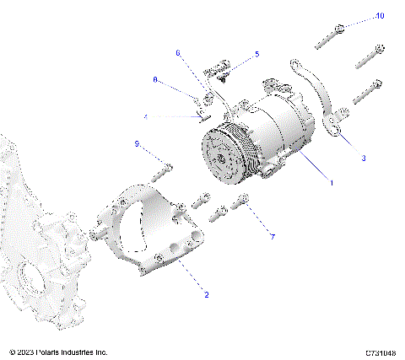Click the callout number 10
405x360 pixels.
[x=380, y=16]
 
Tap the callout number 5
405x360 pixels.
[x=257, y=54]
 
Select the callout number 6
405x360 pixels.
[x=178, y=53]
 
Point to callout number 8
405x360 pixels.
[x=155, y=79]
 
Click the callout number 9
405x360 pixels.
[x=136, y=144]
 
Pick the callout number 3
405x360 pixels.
[x=364, y=158]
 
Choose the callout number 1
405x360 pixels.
[x=332, y=182]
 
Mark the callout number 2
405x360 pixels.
[x=205, y=295]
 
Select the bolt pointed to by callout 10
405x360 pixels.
[x=330, y=35]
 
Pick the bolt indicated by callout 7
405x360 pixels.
[x=244, y=202]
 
